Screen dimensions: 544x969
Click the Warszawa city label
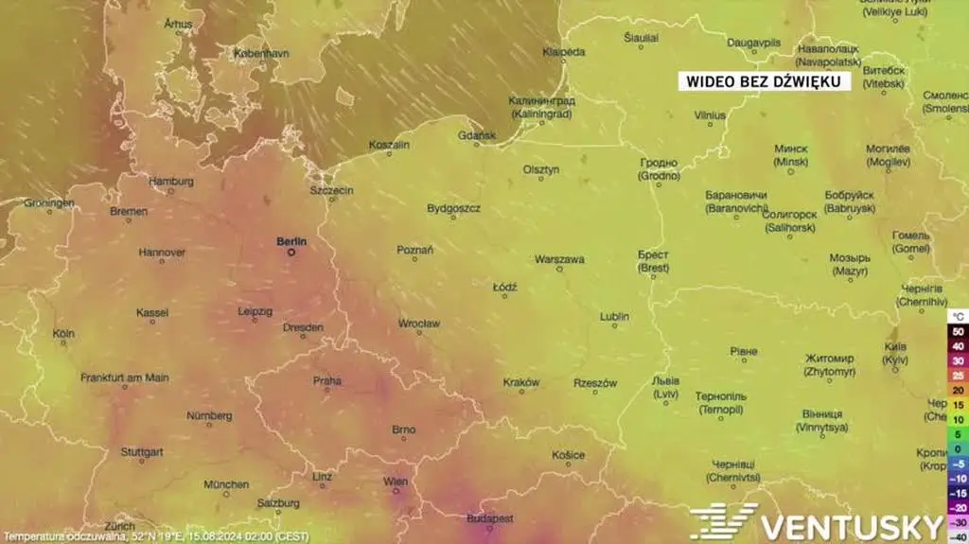coord(559,258)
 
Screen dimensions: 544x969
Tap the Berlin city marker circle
coord(291,253)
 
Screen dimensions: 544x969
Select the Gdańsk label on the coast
coord(476,135)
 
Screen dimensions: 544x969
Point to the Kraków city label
coord(521,382)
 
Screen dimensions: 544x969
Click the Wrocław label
coord(418,324)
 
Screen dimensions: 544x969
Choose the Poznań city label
coord(414,250)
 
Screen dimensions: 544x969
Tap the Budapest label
coord(490,518)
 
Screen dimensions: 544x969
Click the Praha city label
coord(327,380)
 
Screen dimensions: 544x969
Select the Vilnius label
coord(710,114)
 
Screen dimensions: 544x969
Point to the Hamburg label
coord(171,181)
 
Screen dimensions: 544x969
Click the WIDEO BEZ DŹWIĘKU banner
coord(764,82)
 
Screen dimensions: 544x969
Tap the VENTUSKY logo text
coord(852,526)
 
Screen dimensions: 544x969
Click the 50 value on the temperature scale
coord(958,331)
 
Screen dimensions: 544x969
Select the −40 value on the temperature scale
coord(958,537)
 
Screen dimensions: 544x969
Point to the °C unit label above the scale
coord(958,315)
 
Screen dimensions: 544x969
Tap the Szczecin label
coord(331,190)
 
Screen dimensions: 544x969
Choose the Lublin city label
coord(614,316)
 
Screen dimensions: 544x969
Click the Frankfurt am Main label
coord(125,377)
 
